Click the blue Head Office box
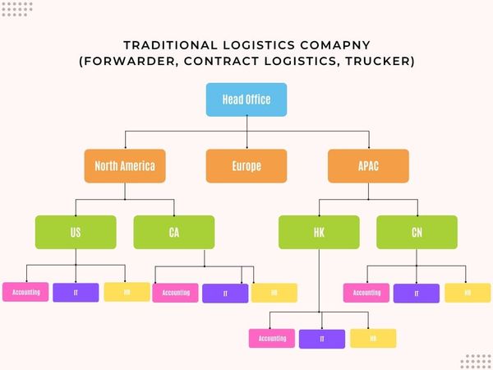click(x=246, y=99)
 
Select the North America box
click(x=125, y=165)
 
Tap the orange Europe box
click(x=246, y=165)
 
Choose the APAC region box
click(x=368, y=165)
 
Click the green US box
click(x=76, y=232)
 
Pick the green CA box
click(x=173, y=232)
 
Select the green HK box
click(x=319, y=232)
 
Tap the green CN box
click(x=417, y=232)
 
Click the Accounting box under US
click(x=25, y=292)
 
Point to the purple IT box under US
click(x=76, y=292)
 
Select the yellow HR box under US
click(x=127, y=292)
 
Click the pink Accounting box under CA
click(x=175, y=293)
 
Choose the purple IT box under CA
click(x=225, y=293)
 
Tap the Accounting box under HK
click(x=272, y=338)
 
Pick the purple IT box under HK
click(x=322, y=338)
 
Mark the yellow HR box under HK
click(x=373, y=338)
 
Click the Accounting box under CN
click(x=366, y=293)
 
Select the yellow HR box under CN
click(x=468, y=293)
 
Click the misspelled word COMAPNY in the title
click(x=337, y=45)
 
